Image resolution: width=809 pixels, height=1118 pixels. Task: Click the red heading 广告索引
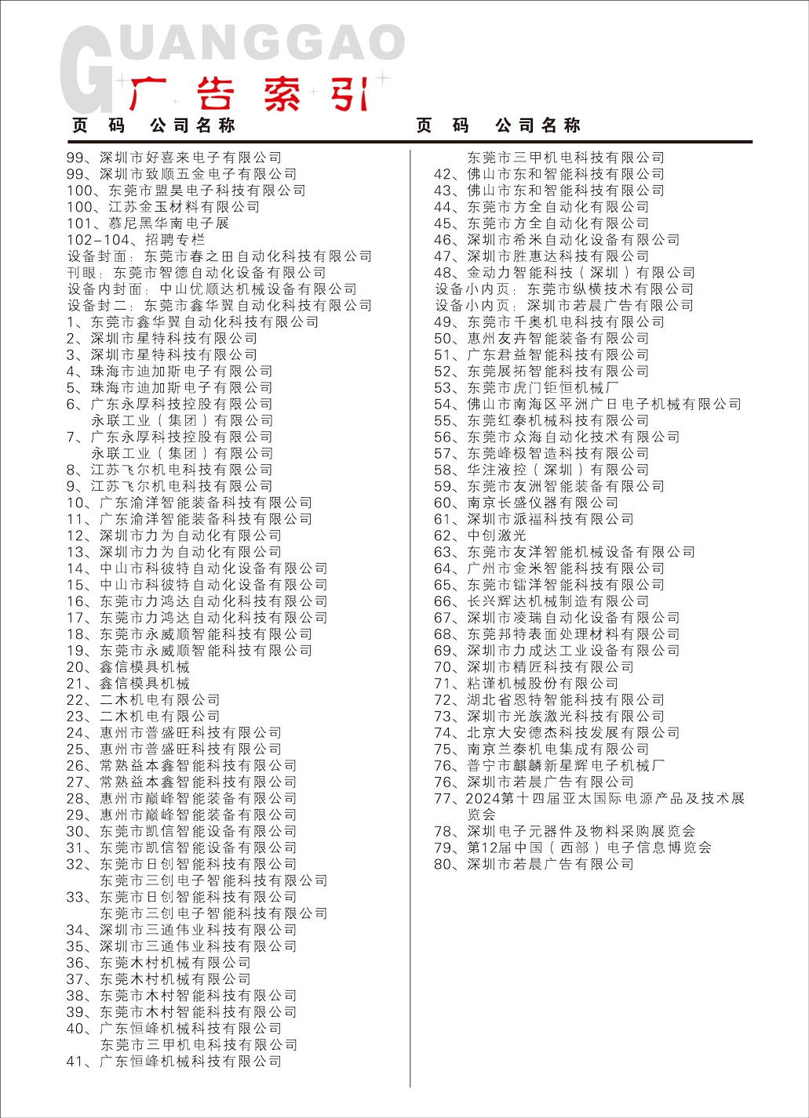(248, 93)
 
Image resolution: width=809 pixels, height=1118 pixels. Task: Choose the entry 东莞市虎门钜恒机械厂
(526, 387)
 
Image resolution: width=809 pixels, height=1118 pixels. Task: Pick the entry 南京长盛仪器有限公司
(526, 503)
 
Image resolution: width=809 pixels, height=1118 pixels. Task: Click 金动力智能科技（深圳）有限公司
(564, 273)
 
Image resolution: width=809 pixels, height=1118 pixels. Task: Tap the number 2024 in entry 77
(482, 799)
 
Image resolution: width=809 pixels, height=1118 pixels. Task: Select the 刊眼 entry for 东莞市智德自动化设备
(196, 273)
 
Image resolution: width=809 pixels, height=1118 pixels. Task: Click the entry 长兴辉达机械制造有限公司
(541, 601)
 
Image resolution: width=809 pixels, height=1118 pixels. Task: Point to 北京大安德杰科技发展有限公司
(556, 733)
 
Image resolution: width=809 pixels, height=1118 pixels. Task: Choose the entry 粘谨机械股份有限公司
(526, 684)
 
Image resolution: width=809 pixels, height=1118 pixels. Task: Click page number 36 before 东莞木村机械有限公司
(75, 963)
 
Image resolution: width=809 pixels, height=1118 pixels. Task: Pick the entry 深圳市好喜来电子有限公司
(173, 158)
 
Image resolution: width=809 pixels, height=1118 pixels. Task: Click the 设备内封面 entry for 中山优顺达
(212, 289)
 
